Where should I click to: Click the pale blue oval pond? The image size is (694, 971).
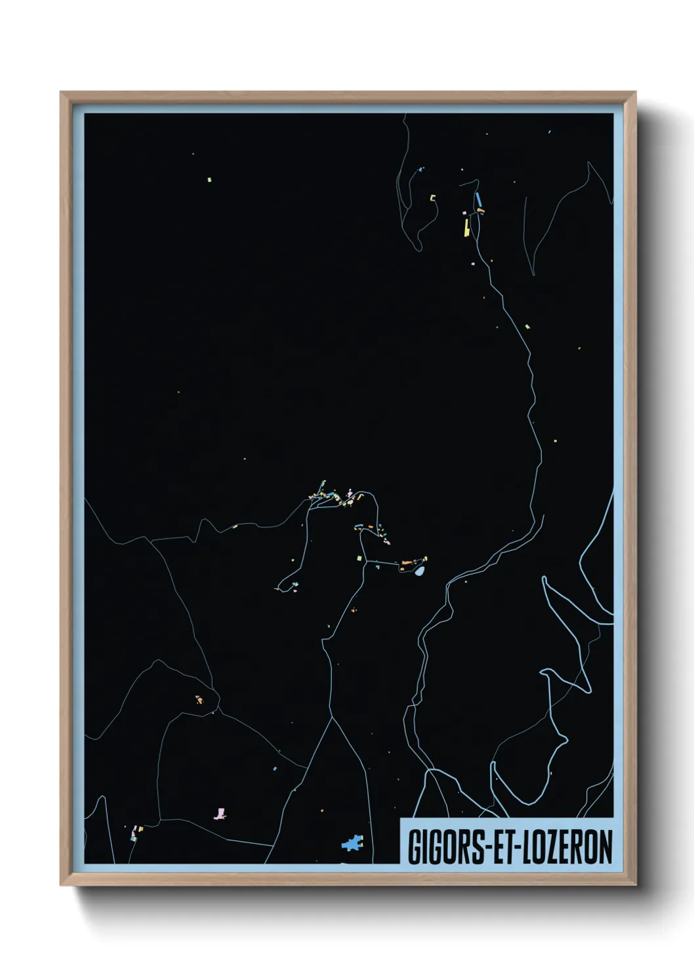coord(420,571)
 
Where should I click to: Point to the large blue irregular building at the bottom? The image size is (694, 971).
coord(353,842)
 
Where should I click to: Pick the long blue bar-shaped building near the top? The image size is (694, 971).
coord(478,198)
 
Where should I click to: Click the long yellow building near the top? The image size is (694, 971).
coord(466,227)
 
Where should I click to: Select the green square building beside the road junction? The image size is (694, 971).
coord(359,558)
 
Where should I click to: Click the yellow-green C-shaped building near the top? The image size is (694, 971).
coord(433,197)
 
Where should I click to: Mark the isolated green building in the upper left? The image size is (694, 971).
coord(209,178)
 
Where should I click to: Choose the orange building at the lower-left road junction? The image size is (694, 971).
coord(199,700)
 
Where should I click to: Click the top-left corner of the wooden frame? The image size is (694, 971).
coord(61,93)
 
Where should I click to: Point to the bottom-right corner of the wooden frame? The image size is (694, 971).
coord(636,885)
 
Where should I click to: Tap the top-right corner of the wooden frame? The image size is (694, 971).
coord(636,93)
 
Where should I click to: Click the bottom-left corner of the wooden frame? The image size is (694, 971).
coord(61,885)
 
